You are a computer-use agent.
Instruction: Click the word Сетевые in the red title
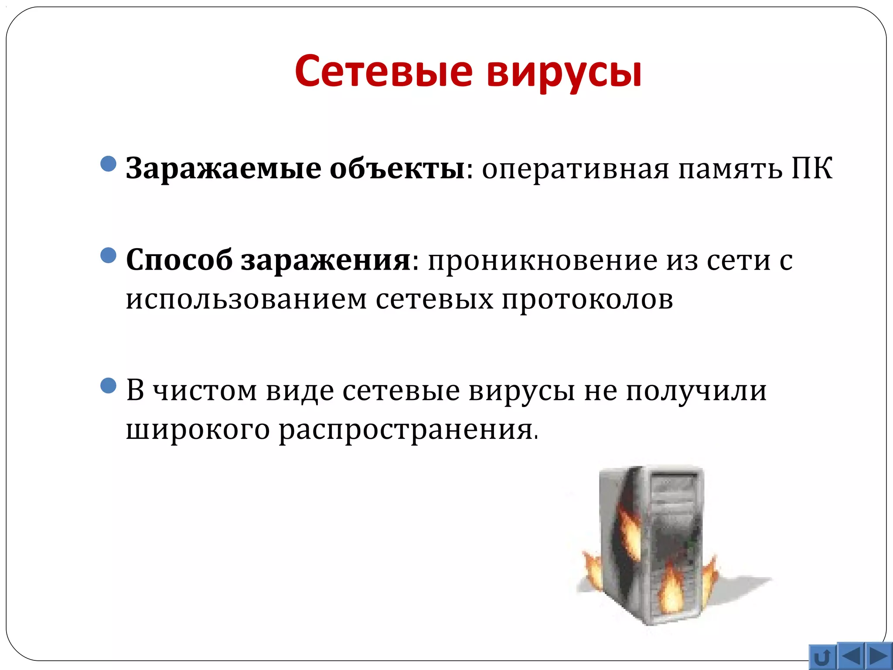coord(384,71)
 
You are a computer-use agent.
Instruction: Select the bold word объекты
coord(397,168)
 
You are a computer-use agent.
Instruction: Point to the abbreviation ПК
coord(812,168)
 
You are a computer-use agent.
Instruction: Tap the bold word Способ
coord(179,260)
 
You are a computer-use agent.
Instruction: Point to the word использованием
coord(246,300)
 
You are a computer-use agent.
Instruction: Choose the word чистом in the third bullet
coord(205,391)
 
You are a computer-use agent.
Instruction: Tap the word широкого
coord(198,430)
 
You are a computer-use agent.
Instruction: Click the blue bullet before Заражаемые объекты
coord(108,164)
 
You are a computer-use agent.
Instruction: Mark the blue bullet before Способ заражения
coord(108,256)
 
